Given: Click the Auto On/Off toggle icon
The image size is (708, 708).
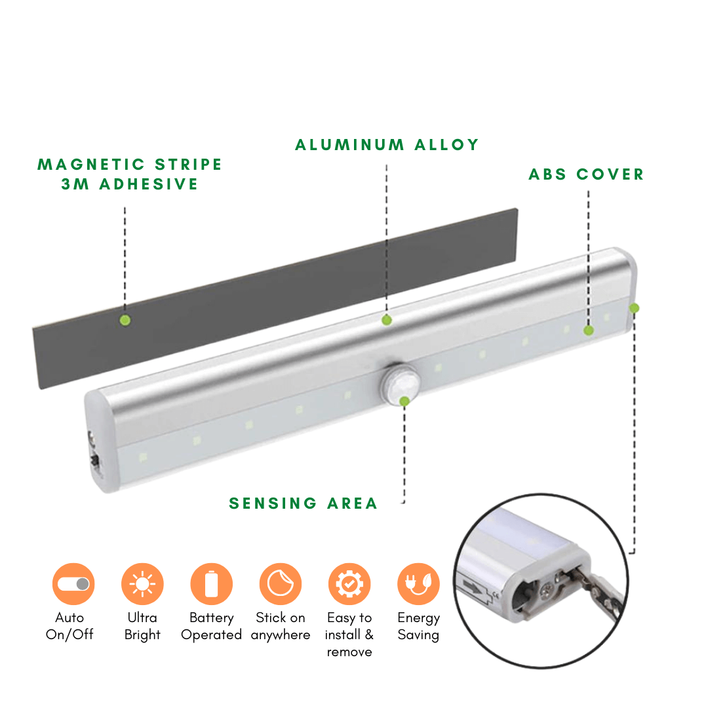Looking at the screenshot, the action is tap(73, 584).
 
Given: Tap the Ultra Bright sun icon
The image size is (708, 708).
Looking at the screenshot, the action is tap(142, 584).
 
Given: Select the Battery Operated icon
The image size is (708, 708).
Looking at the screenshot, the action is tap(211, 584).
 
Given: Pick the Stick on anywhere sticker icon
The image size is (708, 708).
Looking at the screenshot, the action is tap(281, 584).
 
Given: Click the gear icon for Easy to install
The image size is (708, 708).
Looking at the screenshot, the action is tap(349, 584).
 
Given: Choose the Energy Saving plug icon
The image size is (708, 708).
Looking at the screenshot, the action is tap(418, 584).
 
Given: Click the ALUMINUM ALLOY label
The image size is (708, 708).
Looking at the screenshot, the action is tap(387, 145).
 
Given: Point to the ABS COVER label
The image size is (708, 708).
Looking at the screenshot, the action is tap(586, 174).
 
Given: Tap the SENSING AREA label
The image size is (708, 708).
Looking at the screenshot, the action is tap(303, 503).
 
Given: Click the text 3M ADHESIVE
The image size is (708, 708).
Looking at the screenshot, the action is tap(130, 184).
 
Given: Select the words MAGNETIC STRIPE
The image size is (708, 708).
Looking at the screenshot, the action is tap(130, 165).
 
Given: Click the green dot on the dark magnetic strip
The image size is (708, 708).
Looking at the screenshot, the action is tap(125, 320).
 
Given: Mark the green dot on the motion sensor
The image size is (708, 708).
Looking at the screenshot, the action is tap(404, 401).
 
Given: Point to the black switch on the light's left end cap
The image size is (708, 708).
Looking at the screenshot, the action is tap(95, 460).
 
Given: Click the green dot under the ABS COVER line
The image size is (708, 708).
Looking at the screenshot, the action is tap(588, 330).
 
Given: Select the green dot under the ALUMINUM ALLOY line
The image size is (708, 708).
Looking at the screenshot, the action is tap(387, 320).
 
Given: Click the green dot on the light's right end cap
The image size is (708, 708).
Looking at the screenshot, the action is tap(634, 308).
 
